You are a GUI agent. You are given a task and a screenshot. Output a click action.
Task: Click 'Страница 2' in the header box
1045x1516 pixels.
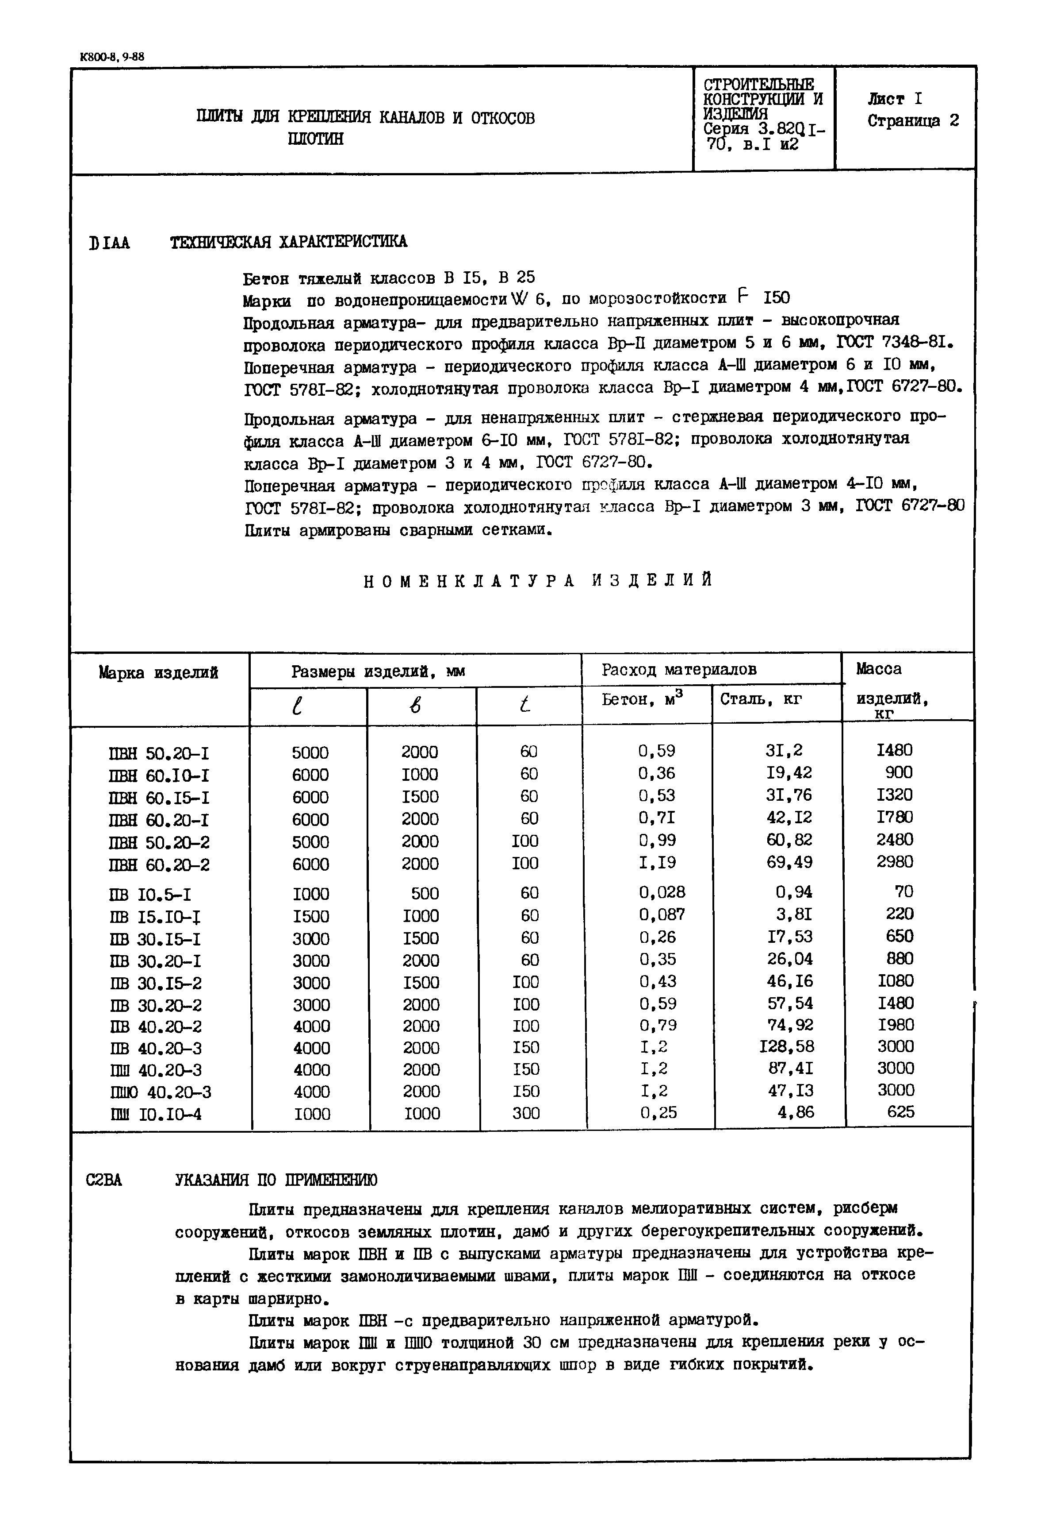(x=913, y=121)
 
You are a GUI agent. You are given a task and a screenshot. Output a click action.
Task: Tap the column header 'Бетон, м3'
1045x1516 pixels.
(x=642, y=700)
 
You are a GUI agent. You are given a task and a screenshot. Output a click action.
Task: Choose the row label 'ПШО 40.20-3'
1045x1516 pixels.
(x=161, y=1092)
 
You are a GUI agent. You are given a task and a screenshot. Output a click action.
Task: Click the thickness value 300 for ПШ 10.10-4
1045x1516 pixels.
(x=526, y=1113)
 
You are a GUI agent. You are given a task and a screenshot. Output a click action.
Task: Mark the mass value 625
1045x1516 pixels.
(x=900, y=1112)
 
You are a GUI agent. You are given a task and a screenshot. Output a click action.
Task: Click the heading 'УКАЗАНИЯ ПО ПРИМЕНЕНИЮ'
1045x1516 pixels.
(x=276, y=1180)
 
